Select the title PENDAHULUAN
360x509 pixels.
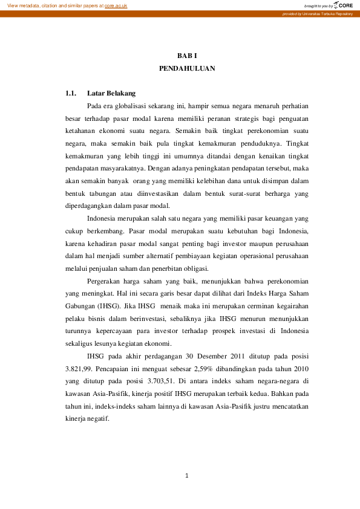click(x=187, y=69)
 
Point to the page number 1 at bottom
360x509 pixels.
click(x=188, y=476)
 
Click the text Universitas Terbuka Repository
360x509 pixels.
click(x=326, y=13)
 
